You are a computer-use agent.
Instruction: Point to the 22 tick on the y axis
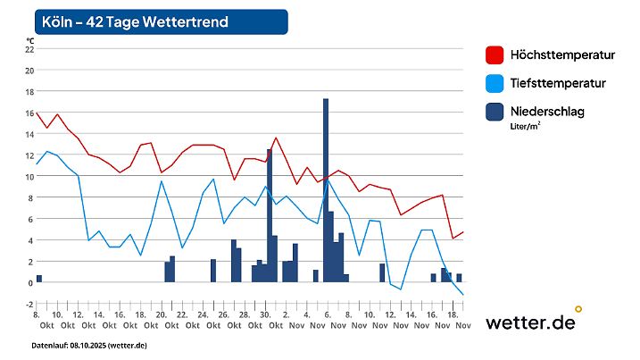29,49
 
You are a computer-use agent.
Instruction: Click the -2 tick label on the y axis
29,305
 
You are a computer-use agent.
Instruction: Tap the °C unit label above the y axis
30,40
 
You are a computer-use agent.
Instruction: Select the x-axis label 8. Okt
37,321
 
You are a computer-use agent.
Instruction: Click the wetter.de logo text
529,322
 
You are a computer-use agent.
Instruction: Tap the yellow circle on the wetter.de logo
578,309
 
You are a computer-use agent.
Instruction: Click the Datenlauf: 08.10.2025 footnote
89,346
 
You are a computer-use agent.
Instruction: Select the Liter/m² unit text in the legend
525,126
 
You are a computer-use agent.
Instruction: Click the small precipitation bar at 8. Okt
39,279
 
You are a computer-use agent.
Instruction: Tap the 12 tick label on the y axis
29,155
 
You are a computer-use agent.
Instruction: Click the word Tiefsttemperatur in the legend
558,83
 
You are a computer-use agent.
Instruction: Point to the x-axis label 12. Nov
389,321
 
